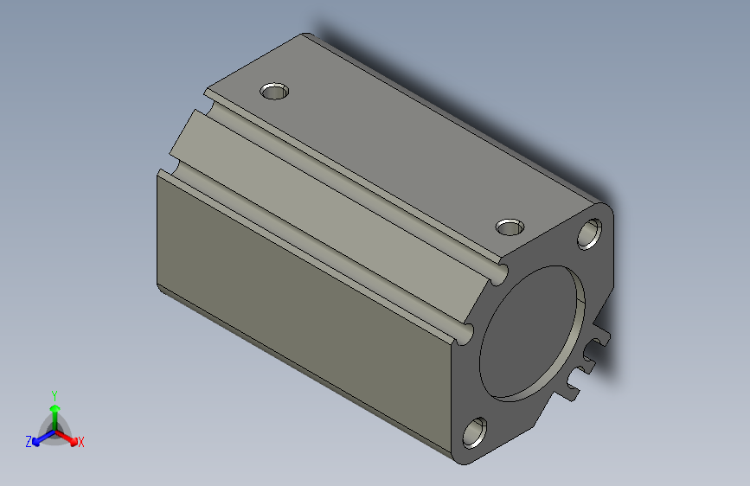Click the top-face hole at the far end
(275, 91)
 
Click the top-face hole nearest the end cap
(510, 227)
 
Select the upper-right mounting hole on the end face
(591, 233)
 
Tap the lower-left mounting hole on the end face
(474, 431)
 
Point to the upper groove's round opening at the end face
(498, 274)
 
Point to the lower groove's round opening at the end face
(467, 333)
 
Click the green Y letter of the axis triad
(54, 393)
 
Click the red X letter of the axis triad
(81, 442)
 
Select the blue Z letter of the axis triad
(29, 441)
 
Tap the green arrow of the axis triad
(54, 410)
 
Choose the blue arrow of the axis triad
(40, 437)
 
